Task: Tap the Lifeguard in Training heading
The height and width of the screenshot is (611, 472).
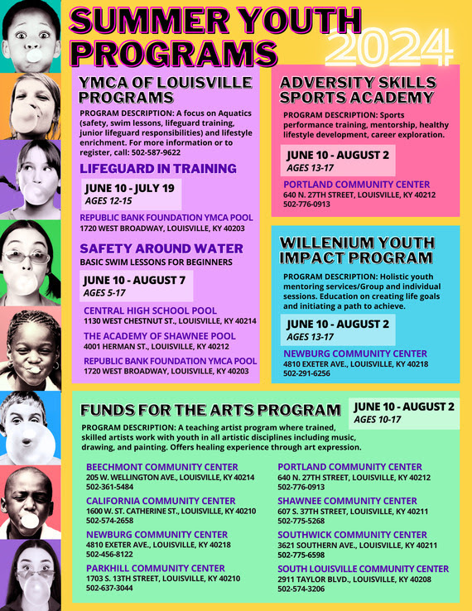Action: [158, 168]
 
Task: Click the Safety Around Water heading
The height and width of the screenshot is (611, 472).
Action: [161, 248]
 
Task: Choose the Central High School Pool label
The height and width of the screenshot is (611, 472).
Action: [150, 310]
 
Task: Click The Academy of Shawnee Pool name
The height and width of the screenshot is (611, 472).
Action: [159, 335]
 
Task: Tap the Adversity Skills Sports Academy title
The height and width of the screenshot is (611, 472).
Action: [358, 89]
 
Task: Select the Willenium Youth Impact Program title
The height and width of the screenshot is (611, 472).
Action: [357, 250]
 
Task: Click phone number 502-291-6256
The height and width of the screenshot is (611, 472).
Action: [306, 373]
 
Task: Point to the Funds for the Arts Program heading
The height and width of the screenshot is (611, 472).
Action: [210, 410]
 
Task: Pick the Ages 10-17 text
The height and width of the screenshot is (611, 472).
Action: [377, 420]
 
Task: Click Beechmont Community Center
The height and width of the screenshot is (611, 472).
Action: [161, 467]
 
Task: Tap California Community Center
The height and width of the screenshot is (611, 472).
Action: [161, 501]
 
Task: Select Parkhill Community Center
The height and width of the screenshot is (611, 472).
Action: [155, 568]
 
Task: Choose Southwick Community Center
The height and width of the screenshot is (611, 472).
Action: [352, 535]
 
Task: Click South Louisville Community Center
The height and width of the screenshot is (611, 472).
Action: [363, 569]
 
